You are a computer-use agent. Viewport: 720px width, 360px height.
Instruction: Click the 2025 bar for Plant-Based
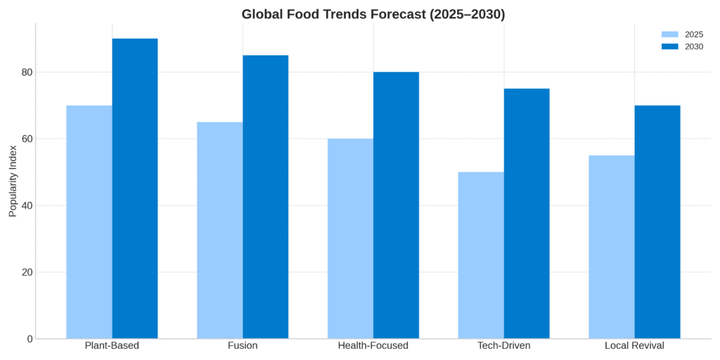point(89,222)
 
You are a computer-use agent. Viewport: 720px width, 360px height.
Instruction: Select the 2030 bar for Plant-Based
point(135,188)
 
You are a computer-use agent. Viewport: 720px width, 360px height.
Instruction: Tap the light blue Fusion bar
point(220,231)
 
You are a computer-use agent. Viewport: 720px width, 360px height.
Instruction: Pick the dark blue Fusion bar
point(266,197)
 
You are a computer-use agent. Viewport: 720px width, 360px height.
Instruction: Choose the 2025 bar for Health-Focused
point(350,238)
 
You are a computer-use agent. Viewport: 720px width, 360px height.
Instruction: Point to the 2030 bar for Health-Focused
point(396,205)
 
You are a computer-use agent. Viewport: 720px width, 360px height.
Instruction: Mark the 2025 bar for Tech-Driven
point(481,255)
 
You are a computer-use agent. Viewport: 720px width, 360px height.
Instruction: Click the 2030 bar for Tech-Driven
point(527,214)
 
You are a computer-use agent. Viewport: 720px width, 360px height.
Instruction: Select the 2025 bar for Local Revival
point(612,247)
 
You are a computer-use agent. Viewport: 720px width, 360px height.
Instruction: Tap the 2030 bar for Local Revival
point(657,222)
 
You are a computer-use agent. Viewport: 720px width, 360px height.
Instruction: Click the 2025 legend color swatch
point(670,34)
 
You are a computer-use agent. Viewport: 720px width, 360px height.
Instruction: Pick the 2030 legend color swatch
point(670,46)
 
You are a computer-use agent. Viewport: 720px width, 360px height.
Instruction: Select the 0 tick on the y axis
point(30,339)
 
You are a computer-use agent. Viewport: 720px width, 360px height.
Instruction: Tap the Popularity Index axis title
point(13,181)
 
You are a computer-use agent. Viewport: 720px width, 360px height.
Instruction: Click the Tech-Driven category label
point(503,346)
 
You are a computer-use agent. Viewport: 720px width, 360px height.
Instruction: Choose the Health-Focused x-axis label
point(373,346)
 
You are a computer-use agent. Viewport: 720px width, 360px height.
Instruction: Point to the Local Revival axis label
point(634,346)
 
